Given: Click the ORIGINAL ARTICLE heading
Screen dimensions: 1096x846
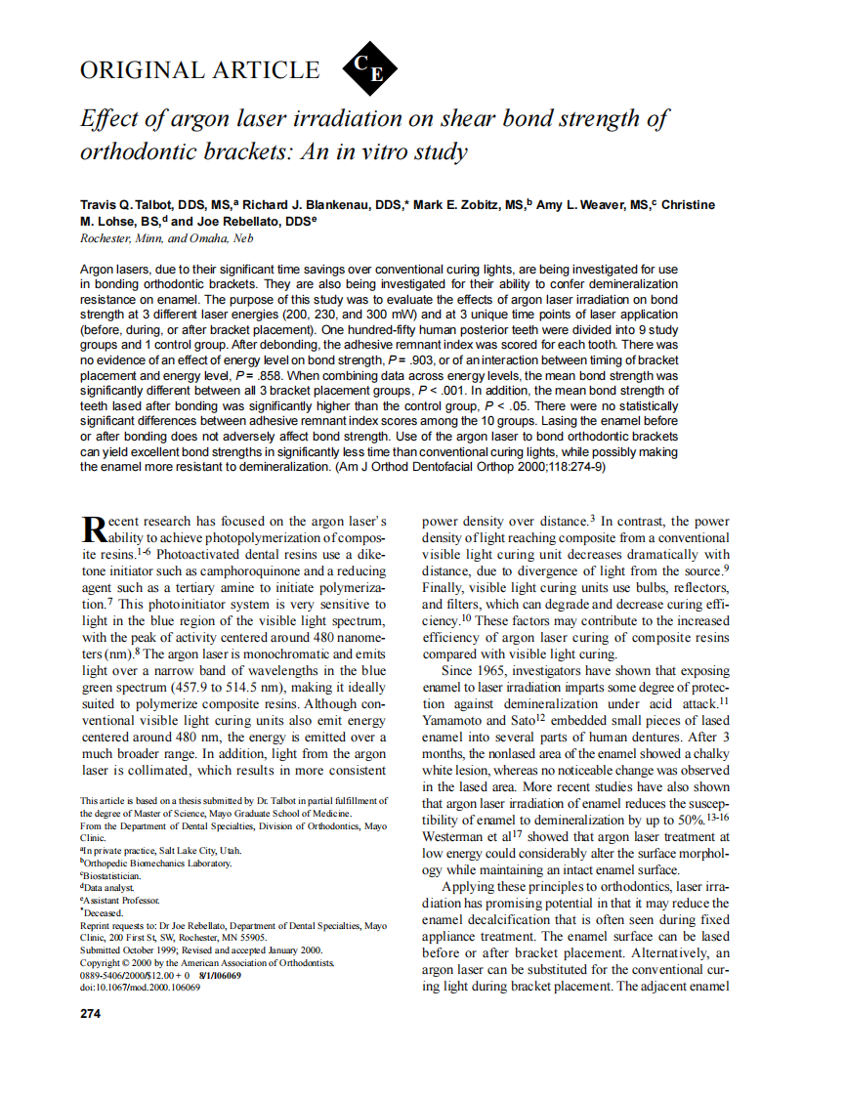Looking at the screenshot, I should coord(199,70).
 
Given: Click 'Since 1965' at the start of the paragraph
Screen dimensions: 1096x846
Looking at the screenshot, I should coord(476,671).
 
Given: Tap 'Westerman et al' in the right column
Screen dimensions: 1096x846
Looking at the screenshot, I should coord(463,837).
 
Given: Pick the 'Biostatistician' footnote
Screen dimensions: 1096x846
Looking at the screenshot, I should coord(112,875).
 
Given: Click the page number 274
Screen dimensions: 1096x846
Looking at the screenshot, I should coord(90,1013).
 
